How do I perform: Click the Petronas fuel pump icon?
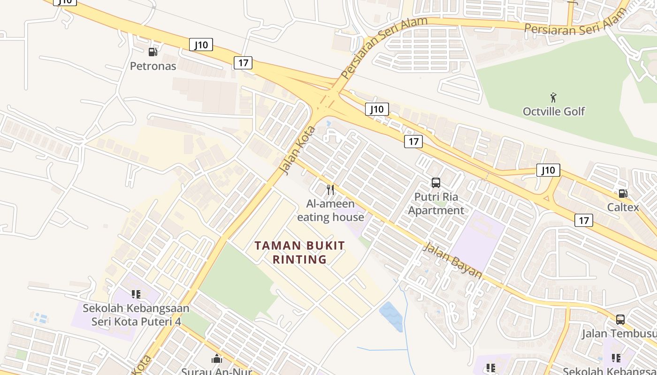click(153, 52)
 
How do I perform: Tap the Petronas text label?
click(153, 66)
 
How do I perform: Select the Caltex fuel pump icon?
click(623, 193)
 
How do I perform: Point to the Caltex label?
click(623, 207)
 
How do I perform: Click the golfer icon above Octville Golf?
click(554, 97)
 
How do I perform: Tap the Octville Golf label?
click(554, 112)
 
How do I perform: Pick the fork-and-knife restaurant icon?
click(330, 189)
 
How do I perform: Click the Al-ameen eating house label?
click(330, 210)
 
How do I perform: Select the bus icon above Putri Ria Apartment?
click(436, 183)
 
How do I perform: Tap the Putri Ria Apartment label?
click(436, 203)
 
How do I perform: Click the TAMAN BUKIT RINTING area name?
click(299, 252)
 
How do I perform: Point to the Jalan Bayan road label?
click(452, 260)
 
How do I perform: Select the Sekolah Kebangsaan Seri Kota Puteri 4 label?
click(136, 315)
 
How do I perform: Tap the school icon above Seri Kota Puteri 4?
click(136, 294)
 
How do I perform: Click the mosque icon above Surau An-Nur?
click(217, 359)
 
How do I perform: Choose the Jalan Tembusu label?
click(619, 334)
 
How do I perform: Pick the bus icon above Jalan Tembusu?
click(620, 320)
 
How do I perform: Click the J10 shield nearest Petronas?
click(201, 45)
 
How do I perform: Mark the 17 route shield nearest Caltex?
click(584, 220)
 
